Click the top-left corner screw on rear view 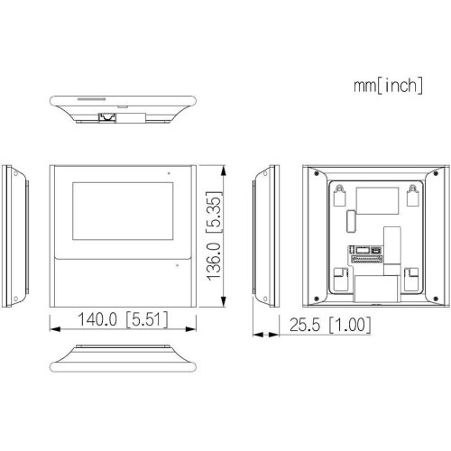pyautogui.click(x=309, y=169)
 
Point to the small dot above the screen pyautogui.click(x=166, y=172)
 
